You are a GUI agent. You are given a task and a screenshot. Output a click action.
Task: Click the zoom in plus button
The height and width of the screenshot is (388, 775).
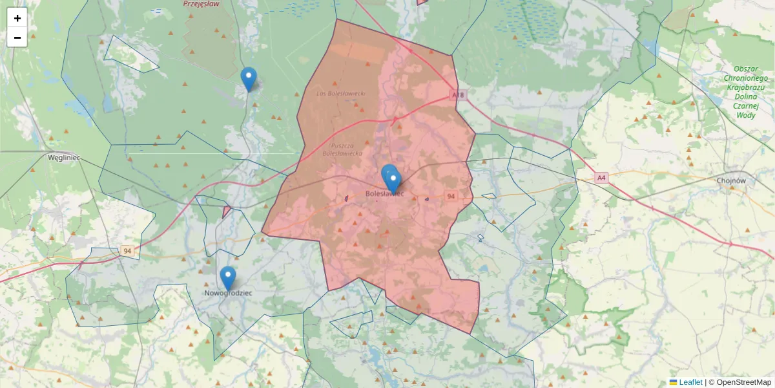point(17,18)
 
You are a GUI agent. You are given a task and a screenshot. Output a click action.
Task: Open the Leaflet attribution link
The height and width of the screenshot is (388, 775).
point(690,382)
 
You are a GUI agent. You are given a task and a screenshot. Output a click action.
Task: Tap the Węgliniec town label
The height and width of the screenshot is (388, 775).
point(63,157)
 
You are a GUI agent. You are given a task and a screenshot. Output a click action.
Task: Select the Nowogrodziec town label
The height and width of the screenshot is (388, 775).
point(228,293)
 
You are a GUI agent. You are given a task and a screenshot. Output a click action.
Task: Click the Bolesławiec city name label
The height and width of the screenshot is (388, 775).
point(384,193)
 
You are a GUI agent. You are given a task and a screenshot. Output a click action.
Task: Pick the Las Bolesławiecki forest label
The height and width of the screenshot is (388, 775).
point(341,93)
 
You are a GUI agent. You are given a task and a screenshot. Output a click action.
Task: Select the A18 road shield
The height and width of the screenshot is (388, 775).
point(458,95)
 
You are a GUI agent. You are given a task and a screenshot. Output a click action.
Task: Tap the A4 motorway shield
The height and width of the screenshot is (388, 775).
point(601,177)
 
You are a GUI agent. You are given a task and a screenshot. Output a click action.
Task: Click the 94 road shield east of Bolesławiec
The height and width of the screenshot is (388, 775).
point(451,196)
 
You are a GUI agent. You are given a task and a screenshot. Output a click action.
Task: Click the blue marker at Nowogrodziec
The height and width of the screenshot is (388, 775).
point(227,277)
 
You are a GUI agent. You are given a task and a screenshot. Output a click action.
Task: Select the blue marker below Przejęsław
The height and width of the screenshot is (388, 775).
point(248,78)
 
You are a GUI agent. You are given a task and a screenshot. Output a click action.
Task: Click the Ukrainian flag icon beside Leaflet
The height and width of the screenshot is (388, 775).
point(674,382)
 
